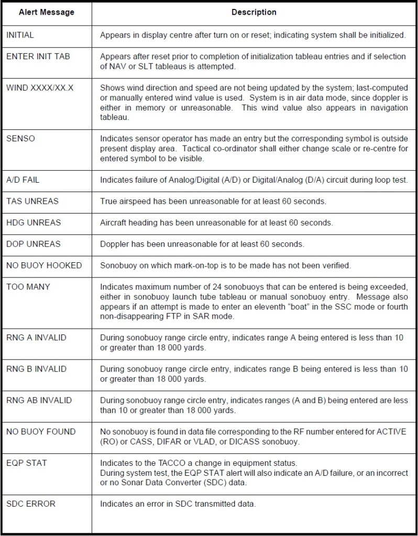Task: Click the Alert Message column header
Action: pyautogui.click(x=46, y=12)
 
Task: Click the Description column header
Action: pyautogui.click(x=254, y=12)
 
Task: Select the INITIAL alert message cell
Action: pyautogui.click(x=20, y=35)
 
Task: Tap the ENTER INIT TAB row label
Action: pyautogui.click(x=37, y=57)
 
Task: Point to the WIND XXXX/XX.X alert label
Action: pyautogui.click(x=40, y=87)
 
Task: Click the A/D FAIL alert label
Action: pyautogui.click(x=23, y=180)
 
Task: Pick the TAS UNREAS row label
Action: pyautogui.click(x=32, y=201)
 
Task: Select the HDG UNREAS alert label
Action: pyautogui.click(x=33, y=222)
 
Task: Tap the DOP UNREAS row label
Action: pyautogui.click(x=33, y=244)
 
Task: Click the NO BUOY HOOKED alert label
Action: pyautogui.click(x=44, y=265)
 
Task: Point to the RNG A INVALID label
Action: pyautogui.click(x=36, y=338)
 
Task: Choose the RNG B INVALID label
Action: pyautogui.click(x=36, y=369)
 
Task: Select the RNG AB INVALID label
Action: pyautogui.click(x=39, y=400)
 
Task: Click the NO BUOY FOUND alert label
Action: pyautogui.click(x=41, y=432)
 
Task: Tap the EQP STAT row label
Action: pyautogui.click(x=26, y=463)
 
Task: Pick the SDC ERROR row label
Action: pyautogui.click(x=30, y=504)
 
